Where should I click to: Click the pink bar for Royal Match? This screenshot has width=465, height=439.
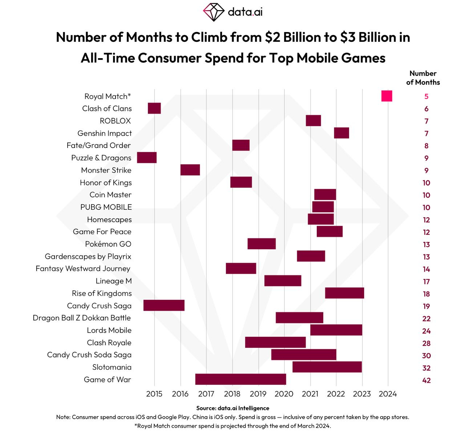point(387,96)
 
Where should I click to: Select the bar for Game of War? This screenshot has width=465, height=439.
point(240,379)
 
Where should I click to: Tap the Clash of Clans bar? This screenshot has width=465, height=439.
point(154,108)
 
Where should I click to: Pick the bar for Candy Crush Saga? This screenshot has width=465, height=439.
point(164,305)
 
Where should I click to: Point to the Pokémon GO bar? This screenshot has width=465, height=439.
point(262,243)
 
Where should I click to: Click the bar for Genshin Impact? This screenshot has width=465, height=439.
point(341,133)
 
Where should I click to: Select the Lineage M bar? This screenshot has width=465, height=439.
point(283,281)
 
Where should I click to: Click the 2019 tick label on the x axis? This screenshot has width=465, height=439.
point(258,394)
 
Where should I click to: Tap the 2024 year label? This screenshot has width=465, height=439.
point(388,394)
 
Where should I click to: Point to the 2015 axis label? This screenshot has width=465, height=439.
point(154,394)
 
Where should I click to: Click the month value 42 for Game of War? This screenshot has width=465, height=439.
point(426,380)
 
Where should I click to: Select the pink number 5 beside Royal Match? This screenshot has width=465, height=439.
point(426,96)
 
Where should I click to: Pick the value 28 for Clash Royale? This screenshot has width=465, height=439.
point(426,343)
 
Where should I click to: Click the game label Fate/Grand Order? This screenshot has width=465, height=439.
point(98,145)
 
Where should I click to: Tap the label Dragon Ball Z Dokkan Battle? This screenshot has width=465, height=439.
point(82,318)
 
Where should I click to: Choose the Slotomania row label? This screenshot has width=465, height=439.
point(112,367)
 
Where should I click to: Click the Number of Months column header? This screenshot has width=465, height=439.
point(423,78)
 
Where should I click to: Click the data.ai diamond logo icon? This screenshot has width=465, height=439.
point(214,12)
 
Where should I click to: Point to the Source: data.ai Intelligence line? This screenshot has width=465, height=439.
point(232,408)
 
